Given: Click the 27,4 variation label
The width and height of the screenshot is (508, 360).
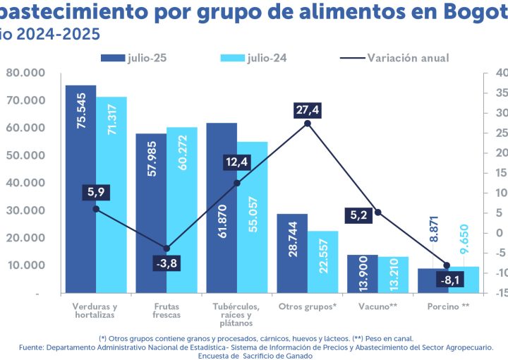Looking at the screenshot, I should pyautogui.click(x=308, y=110).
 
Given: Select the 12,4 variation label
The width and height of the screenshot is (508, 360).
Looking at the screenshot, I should pyautogui.click(x=236, y=164).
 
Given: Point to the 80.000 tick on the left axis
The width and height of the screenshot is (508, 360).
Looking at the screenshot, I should pyautogui.click(x=25, y=73).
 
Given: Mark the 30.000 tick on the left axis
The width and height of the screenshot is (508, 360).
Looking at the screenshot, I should pyautogui.click(x=25, y=210).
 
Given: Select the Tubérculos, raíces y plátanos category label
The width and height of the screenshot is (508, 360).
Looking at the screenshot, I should pyautogui.click(x=236, y=315).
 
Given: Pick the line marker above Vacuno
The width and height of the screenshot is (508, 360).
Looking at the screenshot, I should pyautogui.click(x=378, y=212).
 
